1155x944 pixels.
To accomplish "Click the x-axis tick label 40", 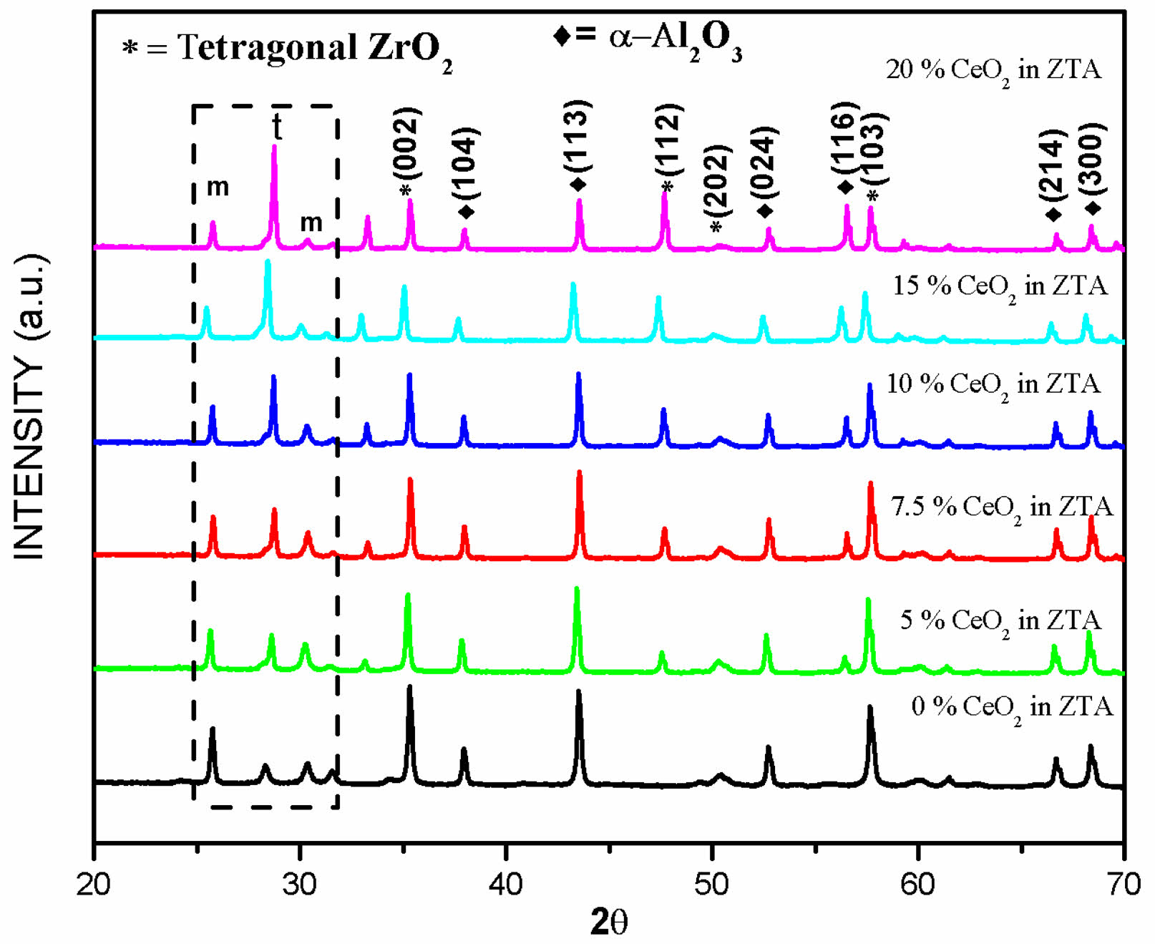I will (506, 884).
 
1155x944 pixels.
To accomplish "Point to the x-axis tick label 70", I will (1124, 884).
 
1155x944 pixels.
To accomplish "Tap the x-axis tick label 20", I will (94, 884).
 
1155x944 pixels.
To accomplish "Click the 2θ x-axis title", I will (609, 922).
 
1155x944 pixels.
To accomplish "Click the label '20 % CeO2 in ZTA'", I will (993, 70).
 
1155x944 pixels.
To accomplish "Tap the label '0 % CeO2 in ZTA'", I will (1012, 707).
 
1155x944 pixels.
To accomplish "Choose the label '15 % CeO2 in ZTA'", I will (1000, 286).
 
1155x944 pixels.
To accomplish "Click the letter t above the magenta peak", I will (277, 127).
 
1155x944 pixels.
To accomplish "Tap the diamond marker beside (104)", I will (466, 212).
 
